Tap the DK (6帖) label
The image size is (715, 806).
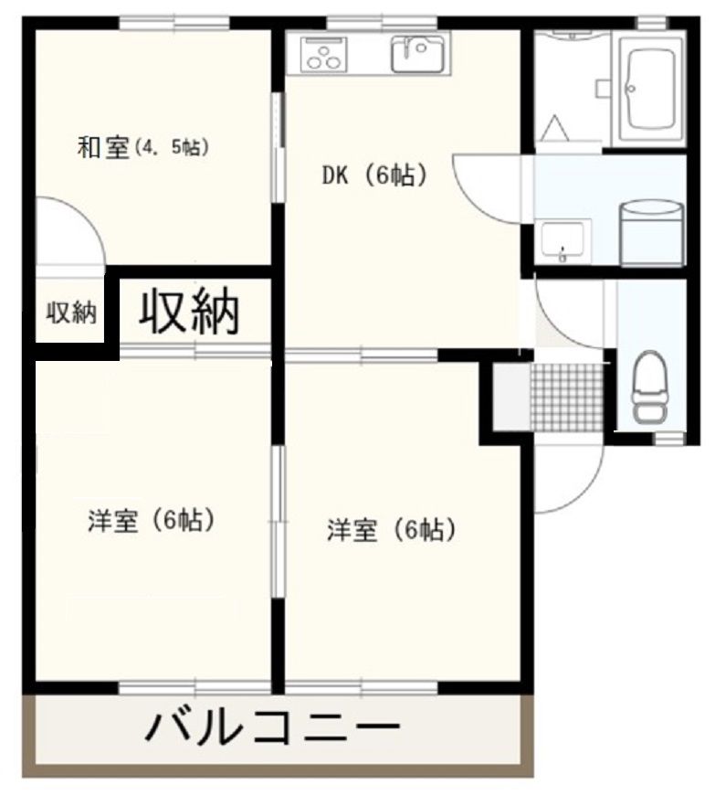373,176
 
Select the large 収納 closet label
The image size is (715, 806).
189,312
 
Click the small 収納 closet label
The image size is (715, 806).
70,313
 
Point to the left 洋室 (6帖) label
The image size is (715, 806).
151,521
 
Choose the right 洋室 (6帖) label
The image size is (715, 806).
391,529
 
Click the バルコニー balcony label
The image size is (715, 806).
274,728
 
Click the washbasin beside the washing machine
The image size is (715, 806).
564,240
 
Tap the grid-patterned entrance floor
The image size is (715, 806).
566,396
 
